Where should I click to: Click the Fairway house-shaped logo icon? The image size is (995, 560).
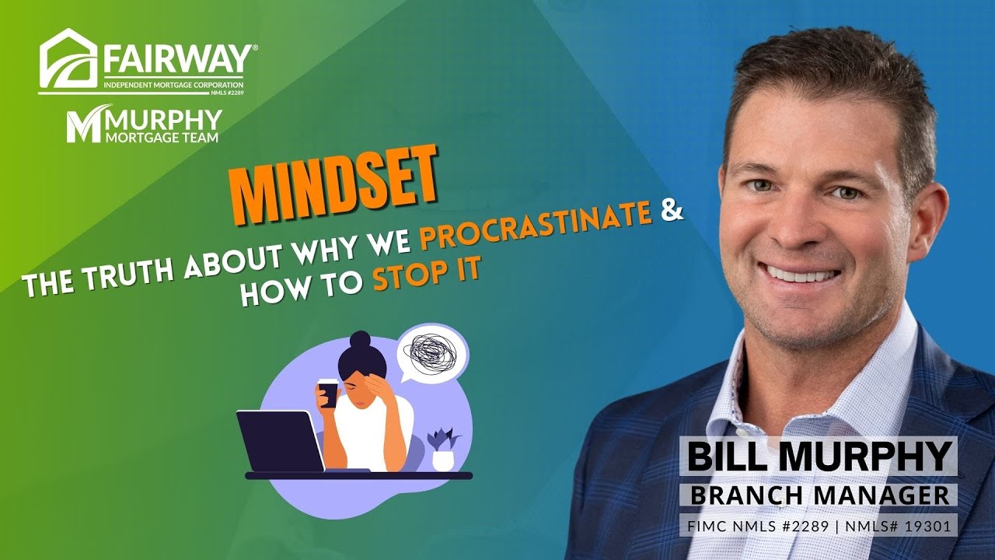pos(68,58)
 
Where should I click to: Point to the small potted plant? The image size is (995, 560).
pos(443,450)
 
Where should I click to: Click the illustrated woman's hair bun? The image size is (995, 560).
pos(359,340)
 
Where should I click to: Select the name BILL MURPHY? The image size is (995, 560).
pos(818,457)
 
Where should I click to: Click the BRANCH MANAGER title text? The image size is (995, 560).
pos(819,495)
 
